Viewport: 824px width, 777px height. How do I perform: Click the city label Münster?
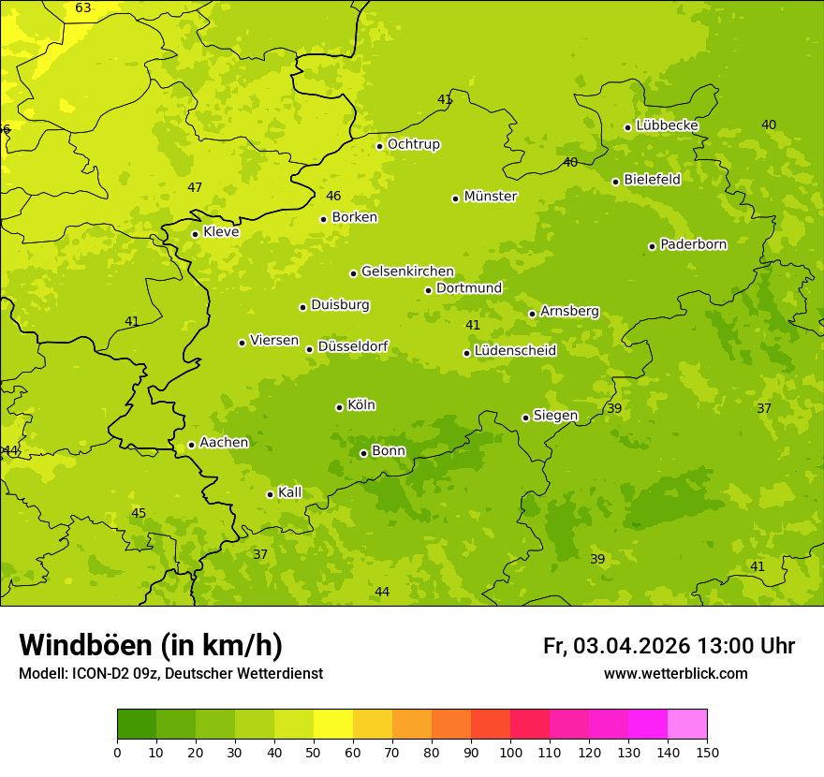(x=491, y=197)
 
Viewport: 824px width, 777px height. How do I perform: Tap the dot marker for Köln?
(x=339, y=407)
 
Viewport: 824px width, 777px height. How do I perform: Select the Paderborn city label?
(x=693, y=244)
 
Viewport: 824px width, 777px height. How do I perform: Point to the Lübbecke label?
(x=667, y=125)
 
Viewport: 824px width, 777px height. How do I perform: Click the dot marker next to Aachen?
(x=191, y=445)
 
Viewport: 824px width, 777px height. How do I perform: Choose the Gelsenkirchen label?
(x=407, y=271)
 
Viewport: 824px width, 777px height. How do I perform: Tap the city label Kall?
(x=290, y=492)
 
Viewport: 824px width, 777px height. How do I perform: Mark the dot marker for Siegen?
(x=525, y=418)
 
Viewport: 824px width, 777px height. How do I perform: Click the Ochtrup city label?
(x=413, y=144)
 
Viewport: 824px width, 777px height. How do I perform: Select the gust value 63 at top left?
(x=83, y=8)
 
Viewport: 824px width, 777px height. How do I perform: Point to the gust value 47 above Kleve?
(x=195, y=187)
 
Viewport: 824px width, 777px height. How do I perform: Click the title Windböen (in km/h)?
(x=151, y=645)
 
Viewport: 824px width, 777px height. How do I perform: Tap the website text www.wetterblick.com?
(x=675, y=673)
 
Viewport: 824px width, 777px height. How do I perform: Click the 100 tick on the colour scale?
(x=510, y=751)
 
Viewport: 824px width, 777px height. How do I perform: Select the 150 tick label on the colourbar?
(x=707, y=751)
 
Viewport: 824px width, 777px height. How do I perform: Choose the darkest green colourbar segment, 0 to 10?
(x=137, y=725)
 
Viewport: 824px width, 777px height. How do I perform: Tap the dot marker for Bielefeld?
(x=615, y=182)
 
